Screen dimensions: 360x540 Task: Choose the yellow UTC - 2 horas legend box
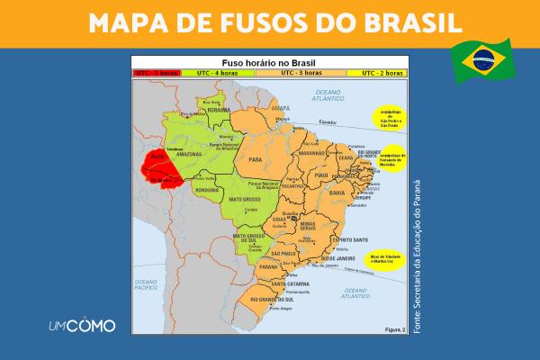[379, 70]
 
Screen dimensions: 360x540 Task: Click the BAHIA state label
[337, 193]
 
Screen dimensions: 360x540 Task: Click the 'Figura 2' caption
[391, 328]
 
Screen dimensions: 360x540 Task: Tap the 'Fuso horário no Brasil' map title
[270, 61]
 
